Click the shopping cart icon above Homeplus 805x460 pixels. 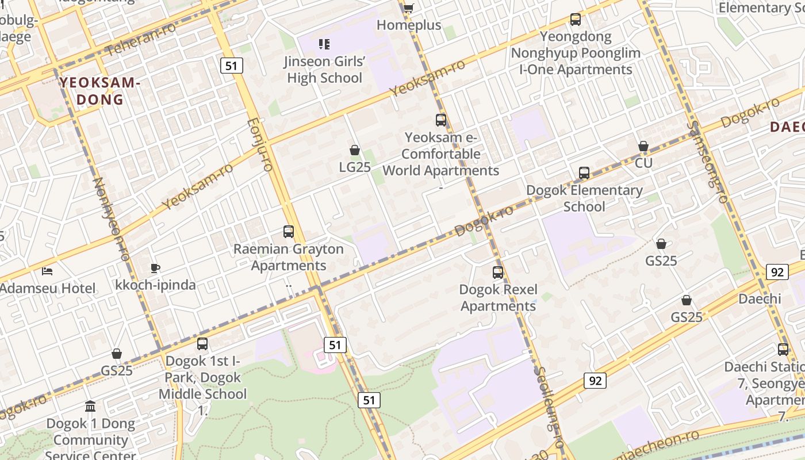[x=408, y=8]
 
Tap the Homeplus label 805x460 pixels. [x=409, y=25]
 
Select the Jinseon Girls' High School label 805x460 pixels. [x=325, y=70]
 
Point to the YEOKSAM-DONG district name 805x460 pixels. [x=100, y=91]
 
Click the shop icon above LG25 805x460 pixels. [x=355, y=150]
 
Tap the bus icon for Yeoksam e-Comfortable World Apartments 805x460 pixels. [x=441, y=120]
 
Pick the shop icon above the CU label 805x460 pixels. [x=643, y=146]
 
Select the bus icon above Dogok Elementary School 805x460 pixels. [x=584, y=172]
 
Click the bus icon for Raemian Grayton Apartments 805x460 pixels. [x=289, y=232]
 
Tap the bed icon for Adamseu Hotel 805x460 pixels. [x=48, y=271]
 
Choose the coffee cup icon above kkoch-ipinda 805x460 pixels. [x=155, y=267]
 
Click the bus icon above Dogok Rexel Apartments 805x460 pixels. [x=498, y=272]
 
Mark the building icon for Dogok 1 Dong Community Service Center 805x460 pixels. [x=90, y=407]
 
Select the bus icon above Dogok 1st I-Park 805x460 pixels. [x=202, y=344]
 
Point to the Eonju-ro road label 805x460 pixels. [x=259, y=145]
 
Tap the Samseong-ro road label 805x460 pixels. [x=706, y=162]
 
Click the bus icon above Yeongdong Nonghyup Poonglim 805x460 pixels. [x=576, y=20]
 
